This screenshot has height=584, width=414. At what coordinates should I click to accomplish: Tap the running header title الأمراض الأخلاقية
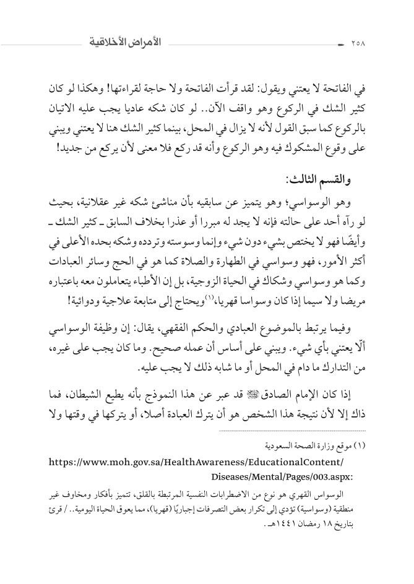[124, 44]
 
